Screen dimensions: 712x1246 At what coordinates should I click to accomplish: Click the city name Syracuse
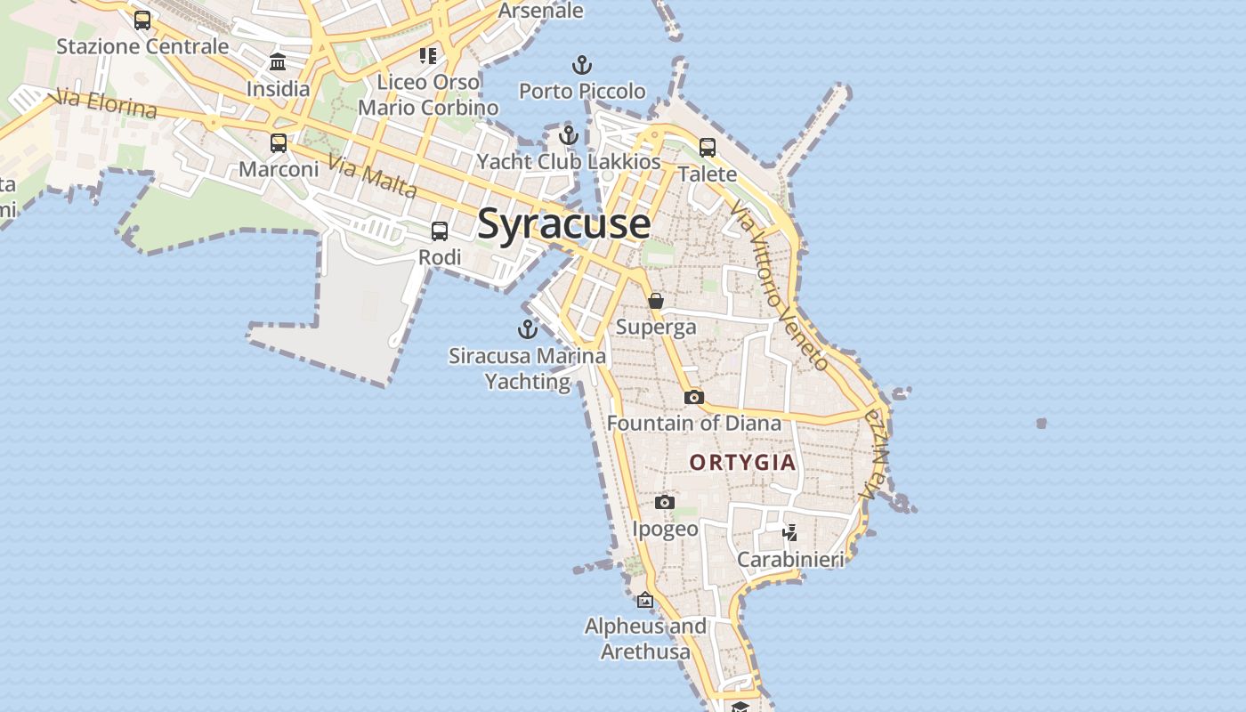(x=563, y=223)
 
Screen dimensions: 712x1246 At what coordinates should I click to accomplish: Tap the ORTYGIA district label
(x=742, y=462)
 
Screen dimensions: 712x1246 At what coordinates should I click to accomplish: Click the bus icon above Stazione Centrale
(x=142, y=20)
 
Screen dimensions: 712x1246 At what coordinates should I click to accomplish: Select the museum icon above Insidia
(x=278, y=62)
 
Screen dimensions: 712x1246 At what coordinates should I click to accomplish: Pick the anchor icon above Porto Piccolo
(x=581, y=65)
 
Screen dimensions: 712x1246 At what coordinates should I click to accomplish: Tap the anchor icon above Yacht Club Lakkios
(x=569, y=135)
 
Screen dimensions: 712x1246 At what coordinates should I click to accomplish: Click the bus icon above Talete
(x=708, y=147)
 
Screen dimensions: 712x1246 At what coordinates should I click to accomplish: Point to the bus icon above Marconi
(x=279, y=142)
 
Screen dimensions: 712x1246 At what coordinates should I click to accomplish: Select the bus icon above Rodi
(x=440, y=231)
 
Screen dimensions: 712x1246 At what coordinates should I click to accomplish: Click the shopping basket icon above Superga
(x=656, y=301)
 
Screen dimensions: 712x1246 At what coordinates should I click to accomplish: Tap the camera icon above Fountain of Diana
(x=694, y=397)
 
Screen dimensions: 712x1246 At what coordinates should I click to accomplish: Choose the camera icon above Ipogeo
(x=664, y=503)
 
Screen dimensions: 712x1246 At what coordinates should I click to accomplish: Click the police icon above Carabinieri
(x=789, y=533)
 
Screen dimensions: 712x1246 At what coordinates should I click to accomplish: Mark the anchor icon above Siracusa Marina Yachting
(x=528, y=329)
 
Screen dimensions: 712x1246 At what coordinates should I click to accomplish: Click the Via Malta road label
(x=372, y=176)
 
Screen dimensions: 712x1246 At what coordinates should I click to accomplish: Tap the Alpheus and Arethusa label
(x=645, y=639)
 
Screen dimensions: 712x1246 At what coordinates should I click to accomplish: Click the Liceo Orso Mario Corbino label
(x=428, y=94)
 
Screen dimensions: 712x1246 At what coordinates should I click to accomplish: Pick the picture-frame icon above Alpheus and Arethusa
(x=645, y=601)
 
